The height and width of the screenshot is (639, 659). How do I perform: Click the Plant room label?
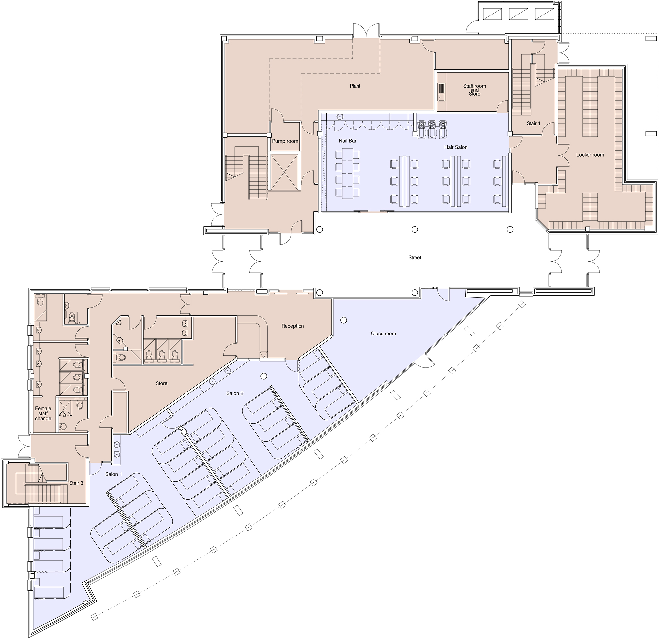point(355,86)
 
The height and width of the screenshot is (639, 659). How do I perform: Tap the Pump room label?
point(285,141)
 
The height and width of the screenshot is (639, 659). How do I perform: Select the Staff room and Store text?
point(474,90)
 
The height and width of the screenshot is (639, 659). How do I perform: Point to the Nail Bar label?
point(347,141)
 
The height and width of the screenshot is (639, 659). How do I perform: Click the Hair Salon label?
point(456,147)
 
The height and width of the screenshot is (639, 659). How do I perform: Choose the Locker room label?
point(590,155)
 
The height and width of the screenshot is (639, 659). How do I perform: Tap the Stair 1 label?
point(533,124)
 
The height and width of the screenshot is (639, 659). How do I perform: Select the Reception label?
point(293,326)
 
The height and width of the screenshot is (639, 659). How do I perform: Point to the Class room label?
point(383,334)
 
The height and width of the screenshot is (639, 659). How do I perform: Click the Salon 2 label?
point(234,393)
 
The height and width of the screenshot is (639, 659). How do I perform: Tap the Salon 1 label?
point(113,474)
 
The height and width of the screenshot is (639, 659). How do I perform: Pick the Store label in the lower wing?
point(161,383)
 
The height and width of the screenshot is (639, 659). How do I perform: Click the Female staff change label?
point(43,413)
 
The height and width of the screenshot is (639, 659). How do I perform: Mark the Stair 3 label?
point(76,483)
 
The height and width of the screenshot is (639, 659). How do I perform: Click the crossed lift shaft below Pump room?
point(284,172)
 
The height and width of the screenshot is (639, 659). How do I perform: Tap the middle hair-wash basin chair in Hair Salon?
point(432,130)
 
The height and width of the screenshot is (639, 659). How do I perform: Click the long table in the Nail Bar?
point(347,173)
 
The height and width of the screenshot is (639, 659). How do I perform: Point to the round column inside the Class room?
point(343,320)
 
